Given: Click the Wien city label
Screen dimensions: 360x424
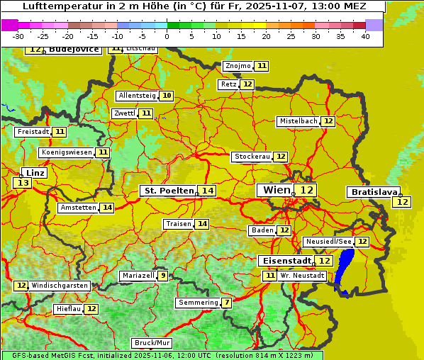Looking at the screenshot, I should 276,190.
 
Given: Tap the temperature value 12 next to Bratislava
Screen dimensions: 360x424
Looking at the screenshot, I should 402,202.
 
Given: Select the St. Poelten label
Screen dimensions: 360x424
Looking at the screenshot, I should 168,191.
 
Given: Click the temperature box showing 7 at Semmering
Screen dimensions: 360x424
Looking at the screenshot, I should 226,303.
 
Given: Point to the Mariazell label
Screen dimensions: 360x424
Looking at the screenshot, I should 138,276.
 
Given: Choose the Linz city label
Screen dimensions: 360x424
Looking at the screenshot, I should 35,173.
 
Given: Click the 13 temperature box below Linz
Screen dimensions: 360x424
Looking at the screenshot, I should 22,183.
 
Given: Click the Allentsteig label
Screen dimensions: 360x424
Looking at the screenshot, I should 137,96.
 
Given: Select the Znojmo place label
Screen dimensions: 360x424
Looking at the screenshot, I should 238,66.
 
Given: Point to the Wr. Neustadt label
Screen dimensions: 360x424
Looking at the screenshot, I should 302,275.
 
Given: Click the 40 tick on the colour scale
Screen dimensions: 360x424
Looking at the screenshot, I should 365,36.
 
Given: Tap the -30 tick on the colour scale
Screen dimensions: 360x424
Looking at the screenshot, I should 18,36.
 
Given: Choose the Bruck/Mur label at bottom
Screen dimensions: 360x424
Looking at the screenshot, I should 151,343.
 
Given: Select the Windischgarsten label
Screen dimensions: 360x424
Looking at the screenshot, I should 60,286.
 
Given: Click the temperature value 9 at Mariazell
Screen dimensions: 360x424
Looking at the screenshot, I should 163,276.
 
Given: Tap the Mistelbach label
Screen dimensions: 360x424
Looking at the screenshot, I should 298,121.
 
